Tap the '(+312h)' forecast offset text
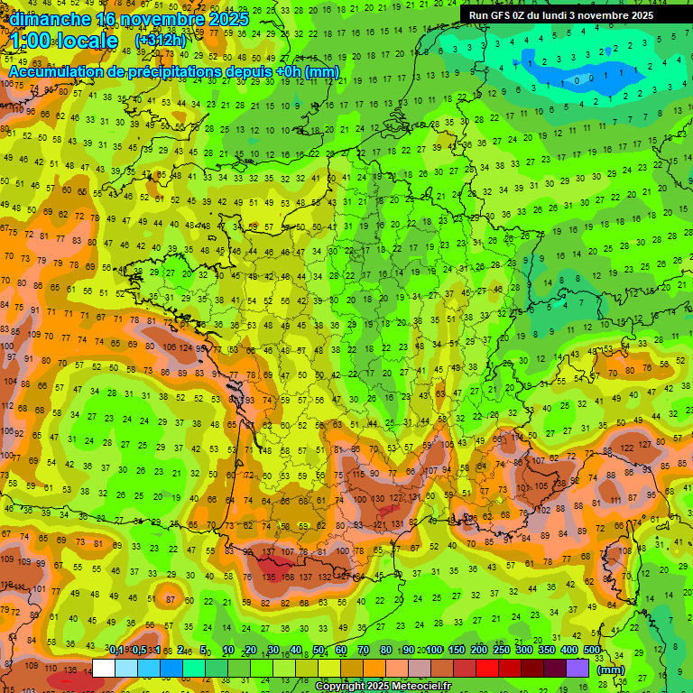(x=160, y=41)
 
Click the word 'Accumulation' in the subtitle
(x=57, y=71)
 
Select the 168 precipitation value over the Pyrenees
(x=288, y=577)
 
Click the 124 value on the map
(x=187, y=347)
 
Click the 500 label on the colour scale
(x=592, y=651)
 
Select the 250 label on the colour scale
(x=502, y=651)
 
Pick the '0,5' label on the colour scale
(x=137, y=651)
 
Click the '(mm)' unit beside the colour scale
(x=611, y=670)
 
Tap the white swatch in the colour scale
(x=104, y=669)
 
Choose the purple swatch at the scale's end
(x=577, y=669)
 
